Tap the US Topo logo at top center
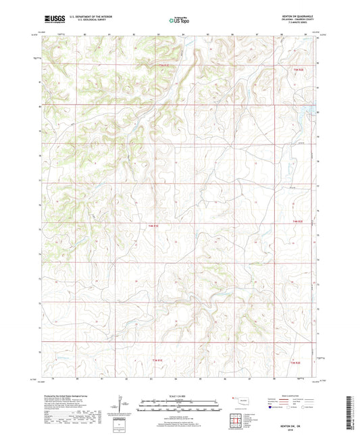(179, 20)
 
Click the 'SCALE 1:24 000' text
(179, 395)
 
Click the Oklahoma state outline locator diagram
(237, 399)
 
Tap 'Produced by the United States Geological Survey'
(63, 394)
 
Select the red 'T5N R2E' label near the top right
(299, 69)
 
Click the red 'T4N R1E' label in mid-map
(154, 225)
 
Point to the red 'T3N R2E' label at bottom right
(296, 363)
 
